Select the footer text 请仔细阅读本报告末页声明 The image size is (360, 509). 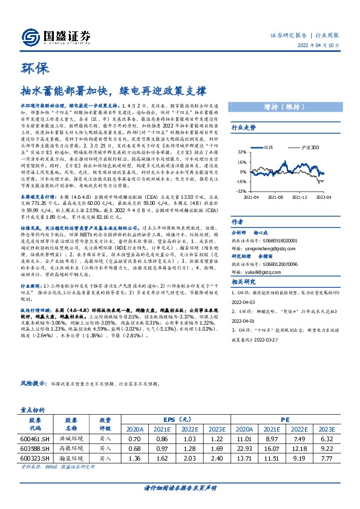180,488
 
